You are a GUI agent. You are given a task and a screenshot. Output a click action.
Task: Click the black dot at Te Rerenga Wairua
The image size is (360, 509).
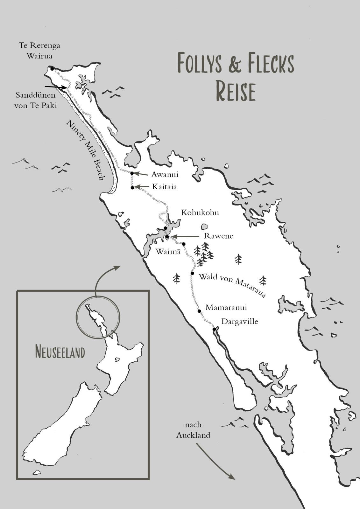[52, 68]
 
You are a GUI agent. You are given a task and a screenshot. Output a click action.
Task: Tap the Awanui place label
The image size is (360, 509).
[165, 174]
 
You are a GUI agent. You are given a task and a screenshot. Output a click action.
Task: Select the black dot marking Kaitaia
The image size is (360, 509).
[132, 188]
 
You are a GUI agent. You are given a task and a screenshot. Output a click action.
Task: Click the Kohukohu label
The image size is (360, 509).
[200, 213]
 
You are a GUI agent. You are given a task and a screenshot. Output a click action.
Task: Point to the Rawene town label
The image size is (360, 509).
[218, 236]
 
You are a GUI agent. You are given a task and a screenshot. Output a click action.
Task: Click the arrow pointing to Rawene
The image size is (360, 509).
[185, 237]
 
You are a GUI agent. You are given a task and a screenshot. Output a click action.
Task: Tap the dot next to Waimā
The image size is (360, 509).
[184, 244]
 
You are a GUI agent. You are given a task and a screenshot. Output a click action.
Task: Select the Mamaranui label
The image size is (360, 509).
[226, 308]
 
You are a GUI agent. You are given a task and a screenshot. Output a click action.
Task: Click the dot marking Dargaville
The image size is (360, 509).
[214, 329]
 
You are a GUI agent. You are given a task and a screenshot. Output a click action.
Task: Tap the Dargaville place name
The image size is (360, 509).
[239, 321]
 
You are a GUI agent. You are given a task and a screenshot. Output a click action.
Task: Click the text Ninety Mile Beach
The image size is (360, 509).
[85, 150]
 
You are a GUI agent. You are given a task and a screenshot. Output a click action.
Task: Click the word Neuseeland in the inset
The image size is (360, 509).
[60, 352]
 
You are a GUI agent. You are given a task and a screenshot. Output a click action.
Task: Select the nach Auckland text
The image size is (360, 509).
[193, 430]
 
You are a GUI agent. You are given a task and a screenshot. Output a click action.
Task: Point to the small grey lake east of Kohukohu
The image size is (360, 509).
[204, 227]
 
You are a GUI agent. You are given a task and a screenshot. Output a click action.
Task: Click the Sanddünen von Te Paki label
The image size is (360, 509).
[35, 100]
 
